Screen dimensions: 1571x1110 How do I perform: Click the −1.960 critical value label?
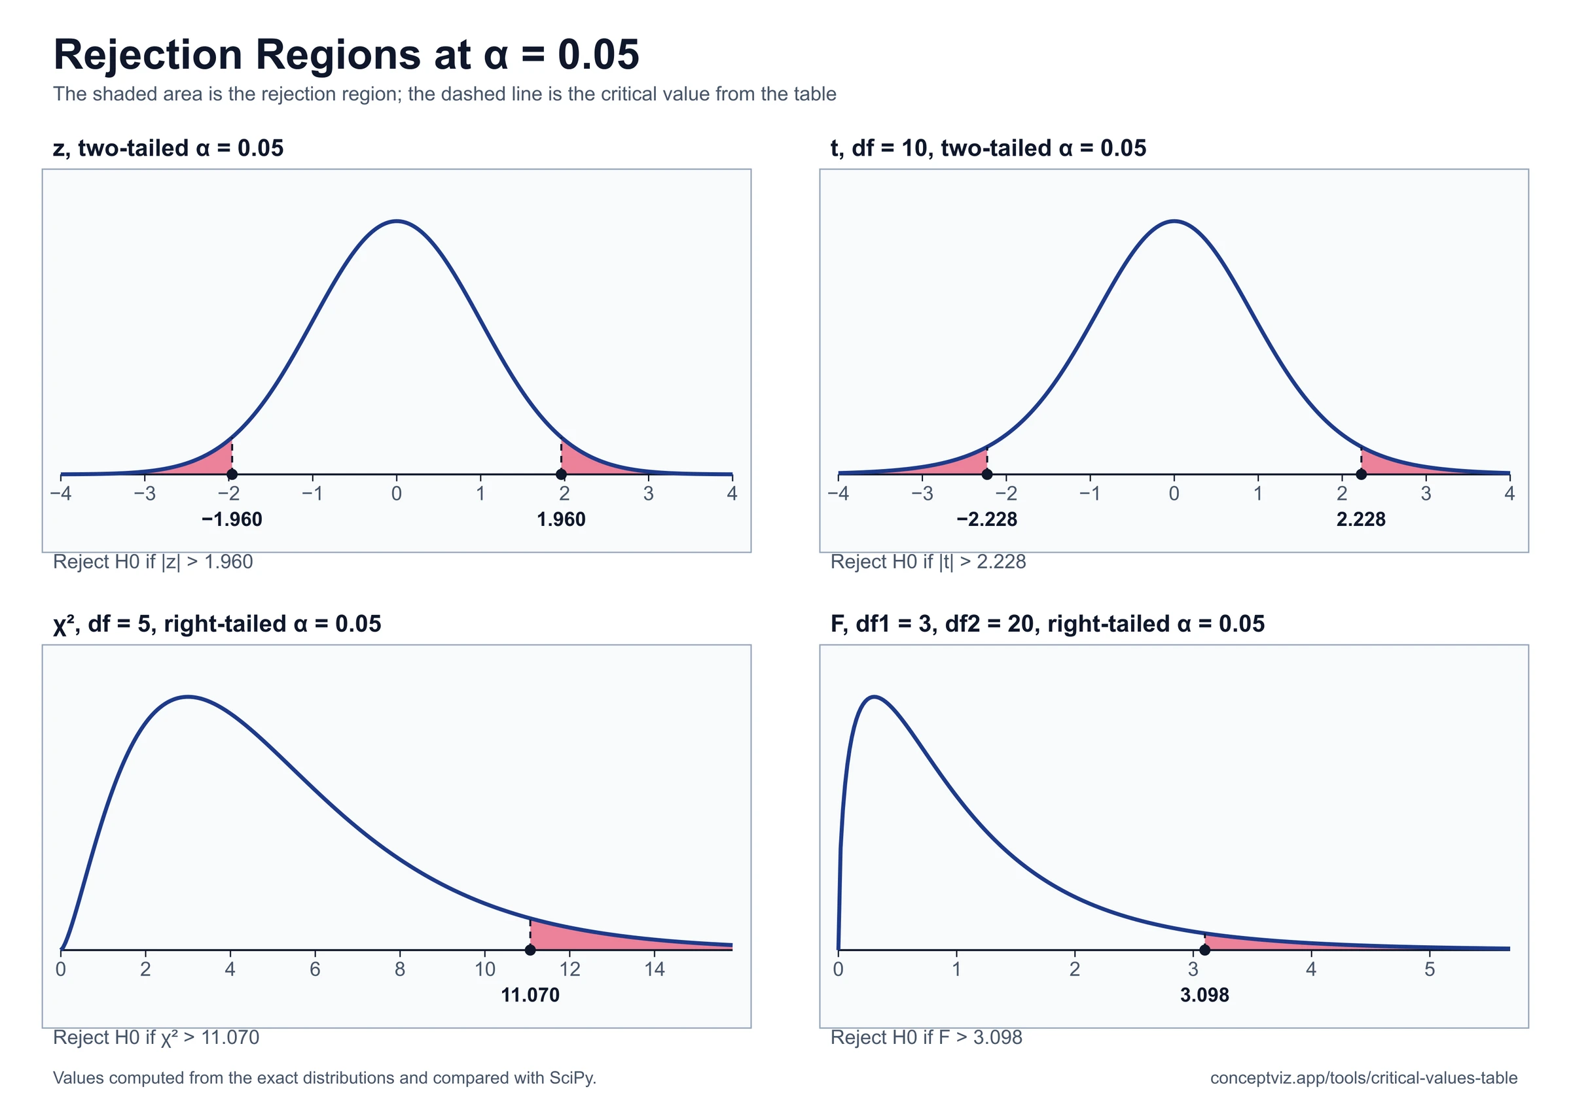(232, 520)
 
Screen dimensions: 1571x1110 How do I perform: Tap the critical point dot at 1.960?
(561, 474)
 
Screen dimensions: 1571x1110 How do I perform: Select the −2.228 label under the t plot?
(986, 520)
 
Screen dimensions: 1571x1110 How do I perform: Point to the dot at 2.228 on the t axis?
(1361, 474)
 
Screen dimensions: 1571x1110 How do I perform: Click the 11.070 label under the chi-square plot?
(530, 995)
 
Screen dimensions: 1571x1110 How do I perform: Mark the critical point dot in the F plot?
(1205, 950)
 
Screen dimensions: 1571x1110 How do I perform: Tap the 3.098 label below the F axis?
(1205, 995)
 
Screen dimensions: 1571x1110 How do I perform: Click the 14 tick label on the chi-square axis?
(655, 969)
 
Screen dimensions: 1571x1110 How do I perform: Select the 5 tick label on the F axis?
(1430, 969)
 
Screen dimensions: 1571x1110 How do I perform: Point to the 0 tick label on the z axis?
(397, 494)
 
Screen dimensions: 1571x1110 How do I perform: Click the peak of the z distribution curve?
(397, 221)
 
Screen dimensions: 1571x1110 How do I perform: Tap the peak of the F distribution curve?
(875, 697)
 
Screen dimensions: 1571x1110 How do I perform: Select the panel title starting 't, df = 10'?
(988, 148)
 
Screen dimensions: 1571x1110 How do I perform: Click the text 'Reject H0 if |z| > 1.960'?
(153, 562)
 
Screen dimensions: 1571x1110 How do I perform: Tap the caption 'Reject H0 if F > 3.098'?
(926, 1037)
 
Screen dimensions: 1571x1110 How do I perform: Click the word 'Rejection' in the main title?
(148, 55)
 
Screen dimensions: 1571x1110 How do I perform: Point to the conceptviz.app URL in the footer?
(1363, 1079)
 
